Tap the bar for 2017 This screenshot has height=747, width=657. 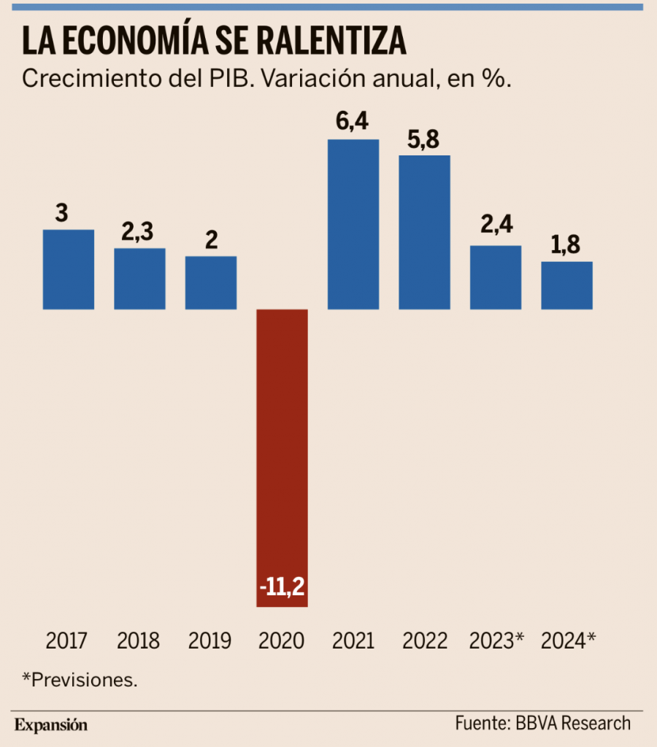[x=69, y=269]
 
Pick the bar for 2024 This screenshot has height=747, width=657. [x=566, y=285]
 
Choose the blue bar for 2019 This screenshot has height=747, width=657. [x=211, y=282]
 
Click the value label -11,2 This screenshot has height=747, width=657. [x=282, y=588]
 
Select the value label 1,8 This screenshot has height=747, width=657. [x=566, y=245]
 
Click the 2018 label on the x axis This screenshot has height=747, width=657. [x=139, y=641]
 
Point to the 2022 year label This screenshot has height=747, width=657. [x=424, y=641]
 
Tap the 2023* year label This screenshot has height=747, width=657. [x=497, y=641]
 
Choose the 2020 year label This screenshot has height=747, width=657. [x=281, y=641]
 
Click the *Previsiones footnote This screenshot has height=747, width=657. [x=80, y=680]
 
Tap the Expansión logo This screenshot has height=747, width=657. [x=51, y=725]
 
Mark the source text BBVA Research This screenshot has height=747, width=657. [x=573, y=724]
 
